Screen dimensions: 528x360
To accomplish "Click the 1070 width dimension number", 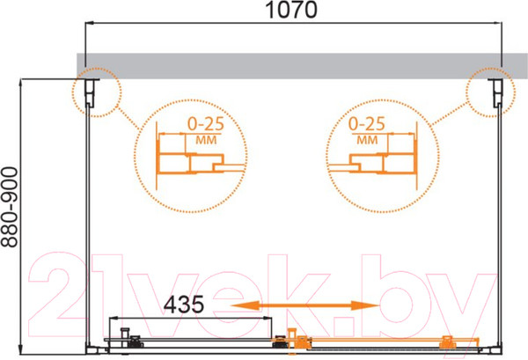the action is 291,10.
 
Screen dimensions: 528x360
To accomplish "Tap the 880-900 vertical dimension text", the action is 10,207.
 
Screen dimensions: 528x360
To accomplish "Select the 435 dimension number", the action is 184,304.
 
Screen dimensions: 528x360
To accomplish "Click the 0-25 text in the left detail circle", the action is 205,123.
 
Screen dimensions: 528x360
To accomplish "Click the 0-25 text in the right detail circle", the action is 366,123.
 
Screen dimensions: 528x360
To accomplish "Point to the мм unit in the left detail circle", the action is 206,140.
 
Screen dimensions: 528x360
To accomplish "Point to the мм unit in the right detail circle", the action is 367,140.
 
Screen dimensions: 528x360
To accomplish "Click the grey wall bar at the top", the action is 302,66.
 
